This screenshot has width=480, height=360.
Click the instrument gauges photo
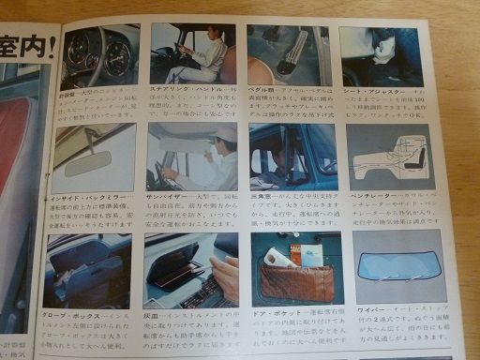coord(100,57)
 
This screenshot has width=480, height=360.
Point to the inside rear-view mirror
coord(88,163)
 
